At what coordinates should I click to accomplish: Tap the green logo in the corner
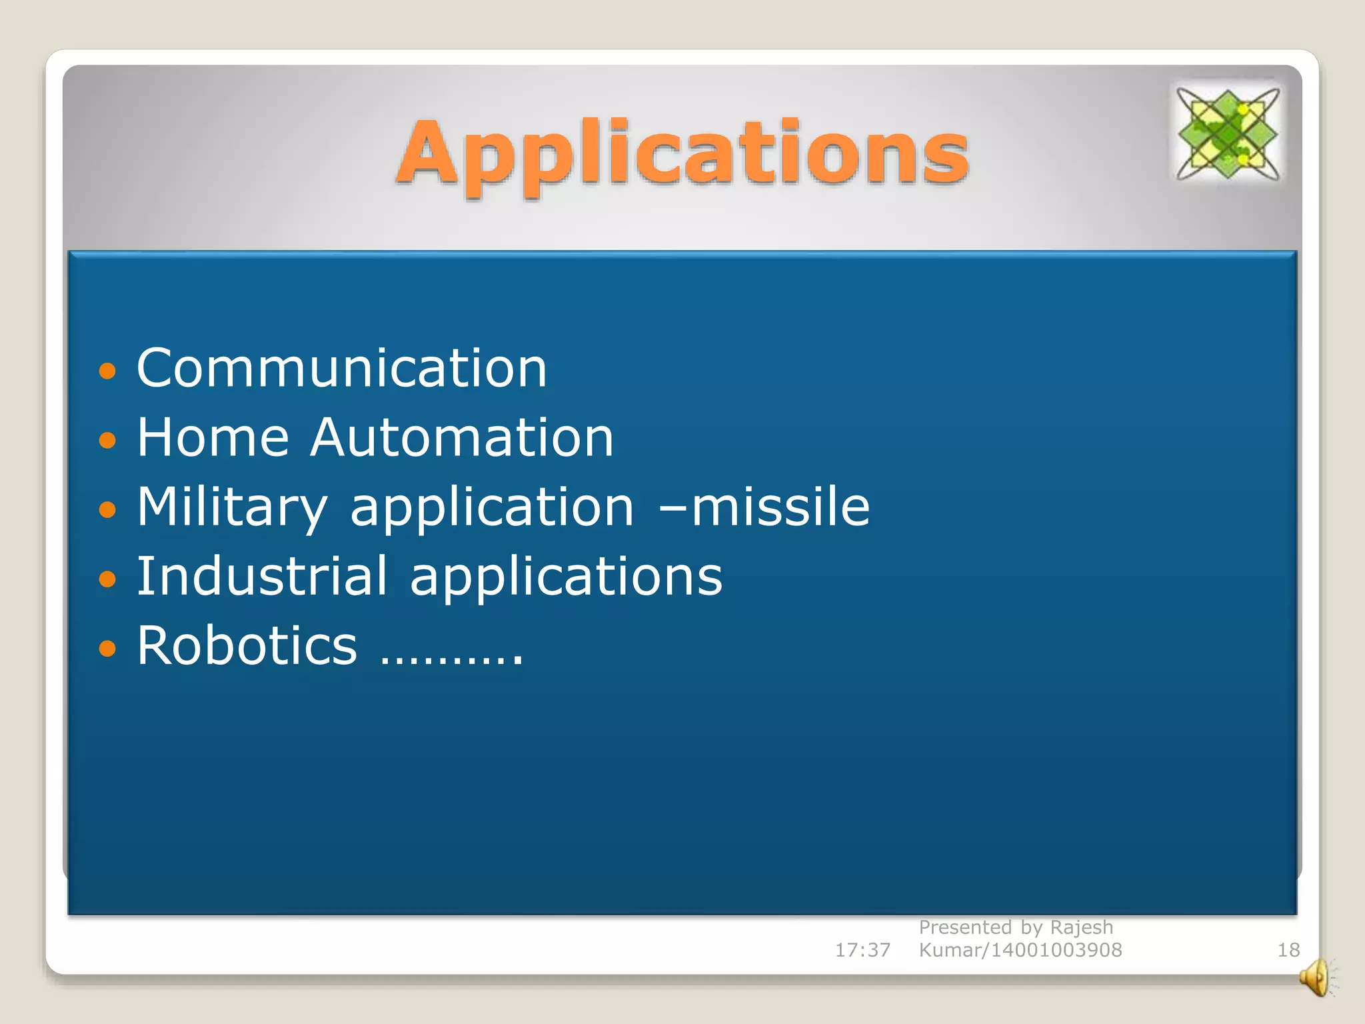[x=1227, y=134]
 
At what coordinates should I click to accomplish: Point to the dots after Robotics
[x=451, y=660]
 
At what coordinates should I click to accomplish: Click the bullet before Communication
[x=107, y=371]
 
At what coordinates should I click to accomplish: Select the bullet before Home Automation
[x=107, y=440]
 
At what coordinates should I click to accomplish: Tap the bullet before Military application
[x=107, y=510]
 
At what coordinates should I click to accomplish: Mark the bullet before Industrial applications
[x=107, y=579]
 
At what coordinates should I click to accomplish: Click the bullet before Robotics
[x=107, y=648]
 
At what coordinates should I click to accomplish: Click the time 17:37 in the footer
[x=862, y=950]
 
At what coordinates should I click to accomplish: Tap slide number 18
[x=1288, y=950]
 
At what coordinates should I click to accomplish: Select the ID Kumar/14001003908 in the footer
[x=1020, y=950]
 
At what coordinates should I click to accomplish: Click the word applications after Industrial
[x=566, y=577]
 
